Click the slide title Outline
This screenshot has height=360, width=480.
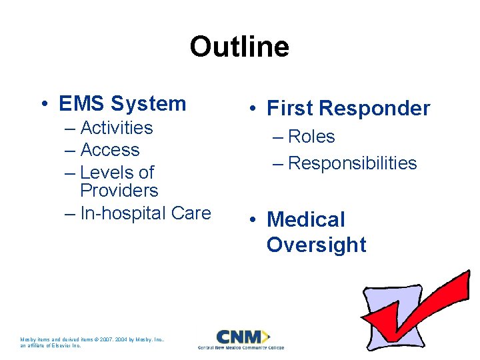pyautogui.click(x=239, y=47)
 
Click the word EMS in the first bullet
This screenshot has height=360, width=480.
pyautogui.click(x=82, y=104)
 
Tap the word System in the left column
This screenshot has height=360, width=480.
pyautogui.click(x=149, y=104)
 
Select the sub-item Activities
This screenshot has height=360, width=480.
pyautogui.click(x=116, y=128)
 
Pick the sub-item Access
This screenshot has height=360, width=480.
pyautogui.click(x=109, y=150)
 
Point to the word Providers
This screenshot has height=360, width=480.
pyautogui.click(x=119, y=191)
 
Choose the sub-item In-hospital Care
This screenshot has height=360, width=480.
pyautogui.click(x=145, y=213)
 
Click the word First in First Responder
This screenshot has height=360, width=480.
pyautogui.click(x=290, y=109)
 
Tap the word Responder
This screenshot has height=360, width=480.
pyautogui.click(x=375, y=109)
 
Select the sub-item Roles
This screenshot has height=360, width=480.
pyautogui.click(x=311, y=137)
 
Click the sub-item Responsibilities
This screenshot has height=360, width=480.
pyautogui.click(x=352, y=163)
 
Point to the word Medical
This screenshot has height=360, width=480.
pyautogui.click(x=306, y=220)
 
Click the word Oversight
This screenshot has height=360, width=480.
pyautogui.click(x=316, y=245)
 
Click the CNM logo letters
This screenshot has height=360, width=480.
pyautogui.click(x=240, y=336)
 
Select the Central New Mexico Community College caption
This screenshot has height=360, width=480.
pyautogui.click(x=241, y=347)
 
